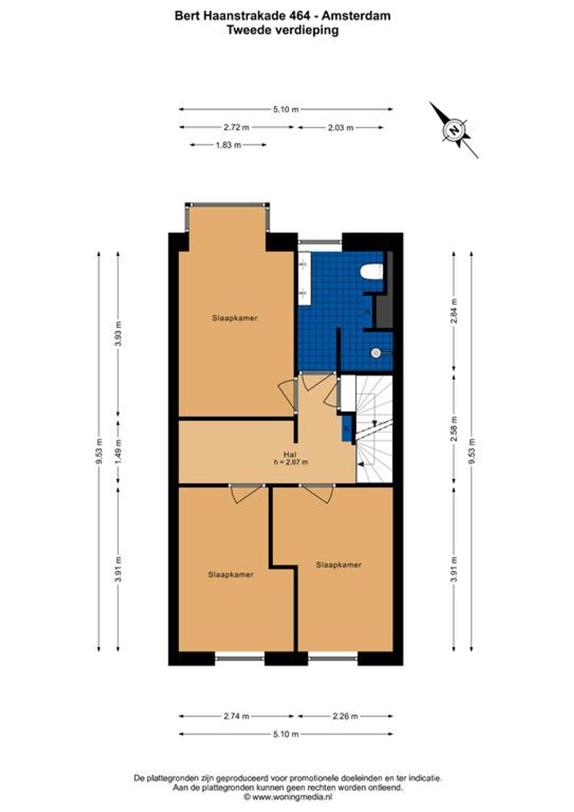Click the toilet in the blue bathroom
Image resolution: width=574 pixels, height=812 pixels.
tap(372, 272)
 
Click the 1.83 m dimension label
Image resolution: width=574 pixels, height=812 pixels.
tap(229, 145)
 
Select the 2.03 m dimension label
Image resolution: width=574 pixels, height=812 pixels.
tap(341, 128)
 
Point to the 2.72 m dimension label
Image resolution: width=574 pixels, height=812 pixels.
tap(237, 127)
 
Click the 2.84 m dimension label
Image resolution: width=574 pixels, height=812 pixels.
tap(454, 310)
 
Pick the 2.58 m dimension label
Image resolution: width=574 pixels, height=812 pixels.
tap(454, 428)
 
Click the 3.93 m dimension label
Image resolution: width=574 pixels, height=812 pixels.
tap(118, 334)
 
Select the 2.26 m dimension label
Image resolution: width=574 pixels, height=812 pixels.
tap(345, 716)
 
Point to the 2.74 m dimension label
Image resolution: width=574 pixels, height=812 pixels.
tap(237, 716)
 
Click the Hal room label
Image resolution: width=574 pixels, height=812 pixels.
tap(290, 454)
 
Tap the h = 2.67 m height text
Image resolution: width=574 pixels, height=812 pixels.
tap(290, 462)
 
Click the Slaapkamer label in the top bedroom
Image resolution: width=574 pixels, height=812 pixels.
tap(235, 318)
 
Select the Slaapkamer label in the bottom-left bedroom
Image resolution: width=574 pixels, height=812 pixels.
tap(231, 574)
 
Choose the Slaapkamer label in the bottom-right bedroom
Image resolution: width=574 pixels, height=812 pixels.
tap(339, 564)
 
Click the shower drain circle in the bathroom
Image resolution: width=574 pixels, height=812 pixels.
tap(376, 352)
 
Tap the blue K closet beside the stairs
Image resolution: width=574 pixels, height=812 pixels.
tap(348, 428)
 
